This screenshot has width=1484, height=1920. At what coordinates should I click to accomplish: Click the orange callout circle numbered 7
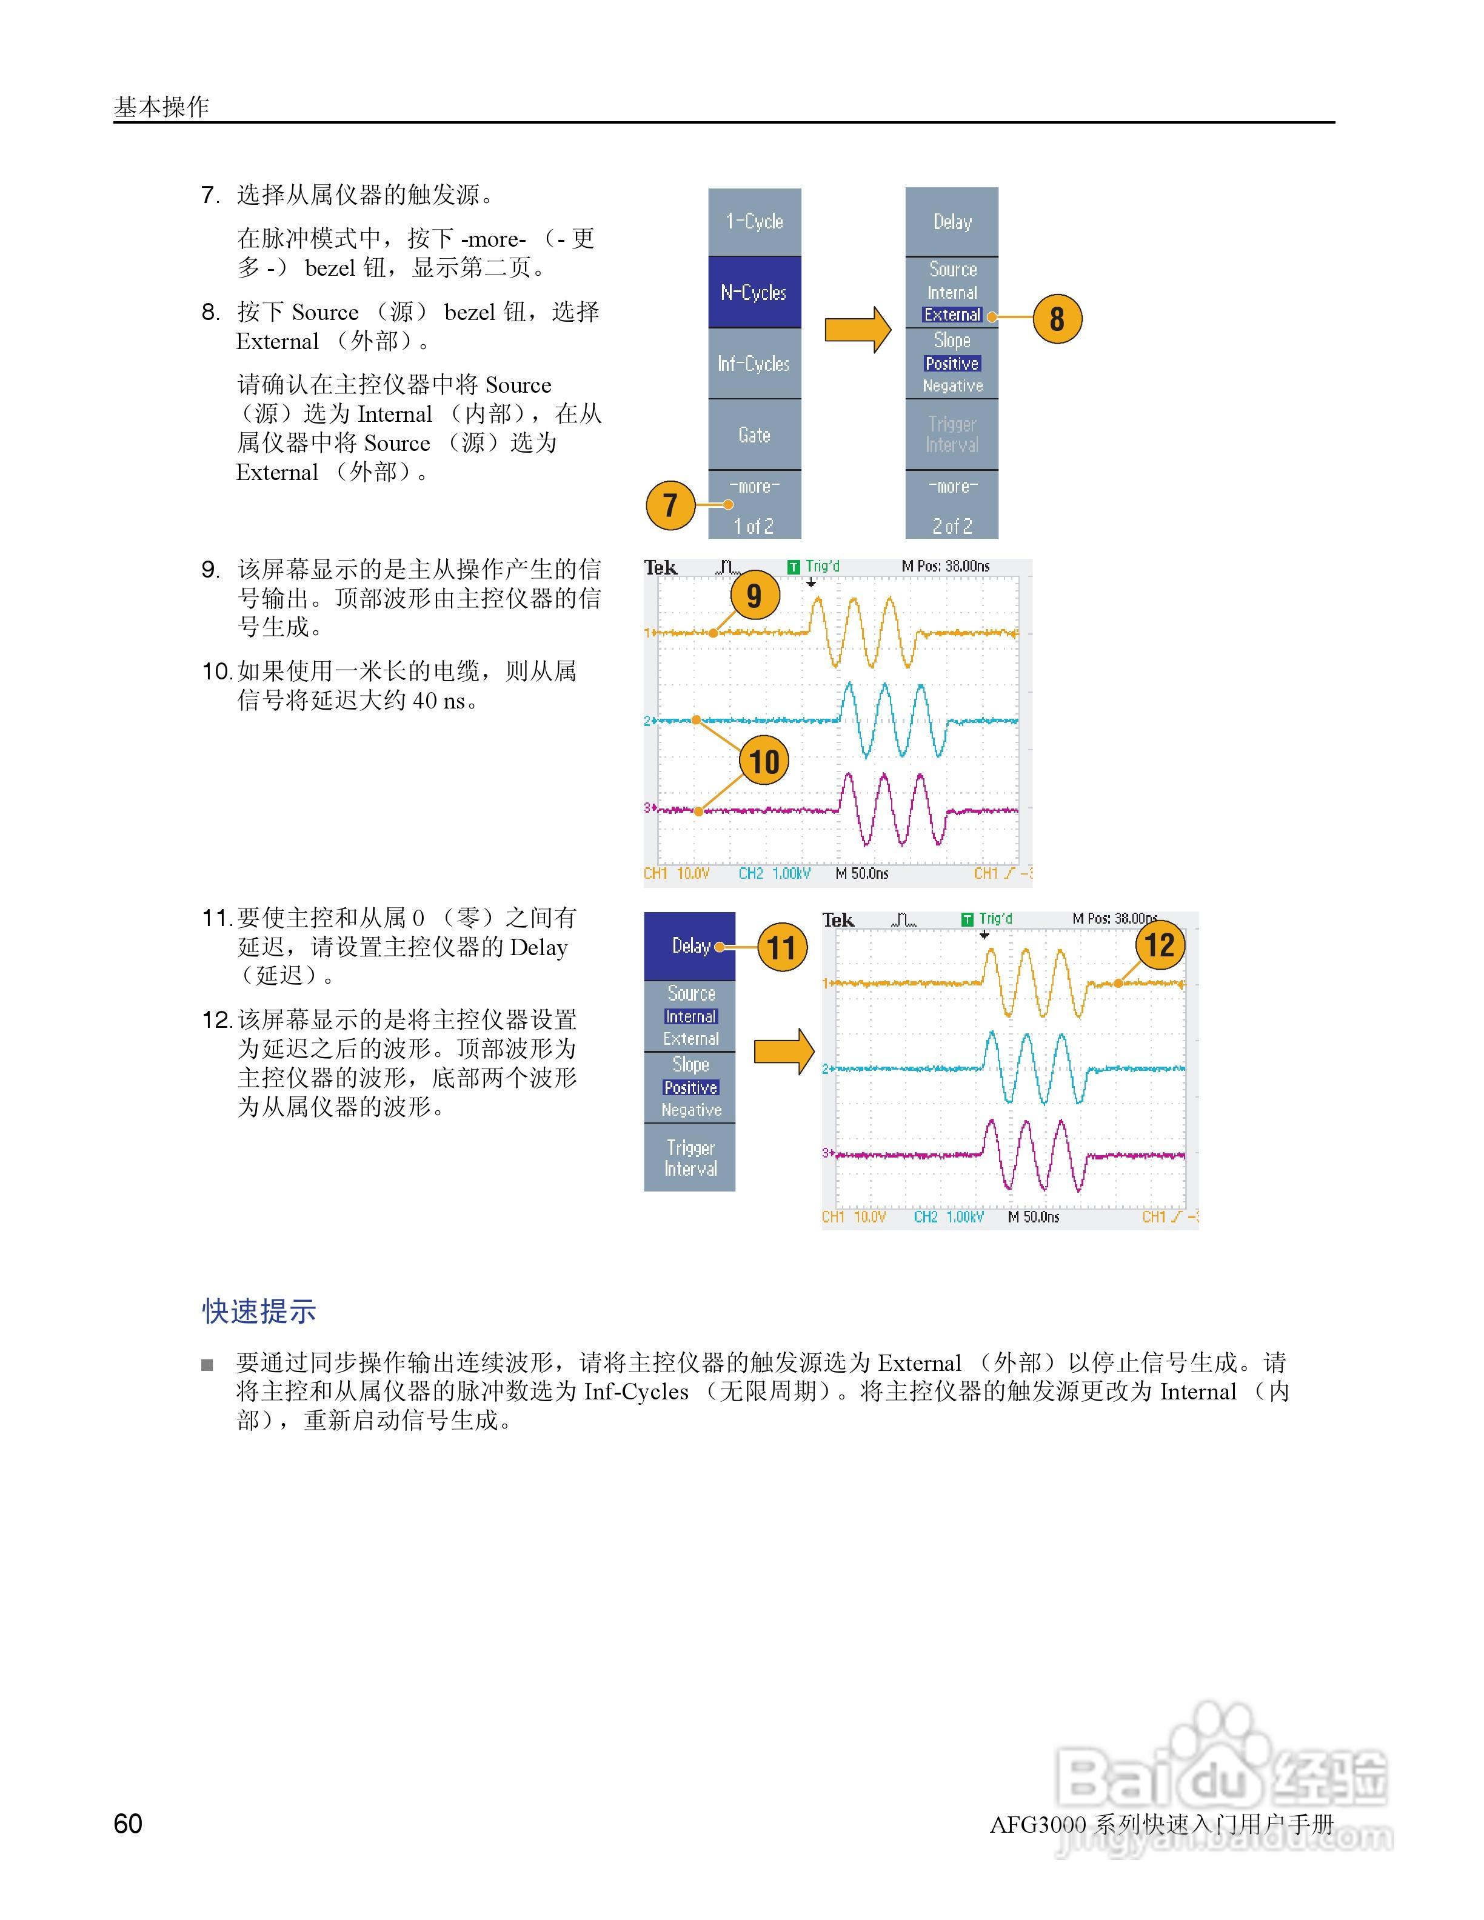(670, 505)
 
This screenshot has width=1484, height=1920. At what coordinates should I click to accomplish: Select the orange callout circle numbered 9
(754, 595)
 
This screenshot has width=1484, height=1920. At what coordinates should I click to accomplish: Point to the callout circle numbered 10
(764, 761)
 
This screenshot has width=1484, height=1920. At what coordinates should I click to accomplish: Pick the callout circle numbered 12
(1160, 945)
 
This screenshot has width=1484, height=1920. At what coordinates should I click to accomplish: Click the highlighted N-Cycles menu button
(754, 293)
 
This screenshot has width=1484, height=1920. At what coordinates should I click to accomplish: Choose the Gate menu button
(754, 435)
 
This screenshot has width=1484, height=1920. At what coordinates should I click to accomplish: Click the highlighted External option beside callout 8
(952, 315)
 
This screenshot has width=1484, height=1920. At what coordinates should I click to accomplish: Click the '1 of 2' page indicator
(754, 525)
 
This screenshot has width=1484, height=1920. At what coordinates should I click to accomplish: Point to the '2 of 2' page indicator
(952, 525)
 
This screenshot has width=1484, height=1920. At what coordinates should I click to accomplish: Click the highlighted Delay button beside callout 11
(690, 946)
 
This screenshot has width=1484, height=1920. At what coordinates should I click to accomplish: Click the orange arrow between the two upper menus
(857, 330)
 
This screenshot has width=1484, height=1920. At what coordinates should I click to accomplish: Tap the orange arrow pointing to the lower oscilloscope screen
(784, 1050)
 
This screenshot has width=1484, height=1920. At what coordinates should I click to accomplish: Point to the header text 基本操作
(161, 107)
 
